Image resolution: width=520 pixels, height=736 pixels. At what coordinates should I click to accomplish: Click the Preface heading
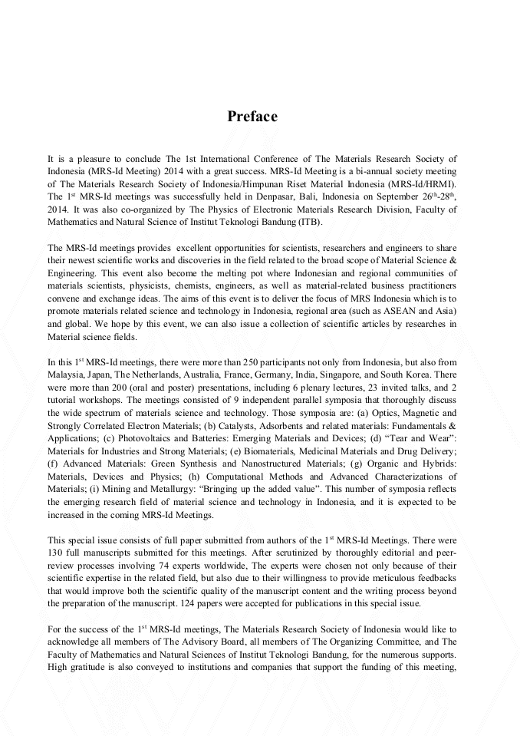[252, 117]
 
